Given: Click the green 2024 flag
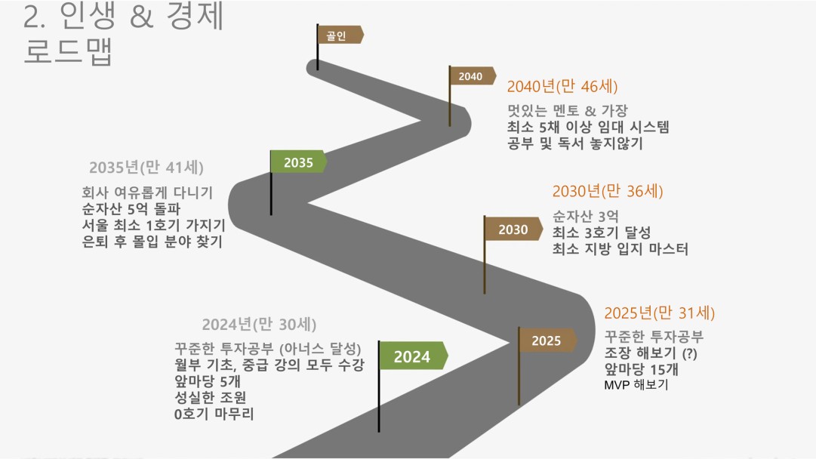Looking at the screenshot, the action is [x=413, y=356].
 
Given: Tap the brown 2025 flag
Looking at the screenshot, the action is [x=547, y=340].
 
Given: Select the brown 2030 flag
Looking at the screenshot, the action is [x=513, y=229].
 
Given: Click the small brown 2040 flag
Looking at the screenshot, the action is [x=472, y=76].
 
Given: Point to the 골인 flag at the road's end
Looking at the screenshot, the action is [x=340, y=35].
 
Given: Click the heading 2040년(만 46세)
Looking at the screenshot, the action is [x=562, y=86].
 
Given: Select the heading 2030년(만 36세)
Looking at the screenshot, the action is [x=608, y=192].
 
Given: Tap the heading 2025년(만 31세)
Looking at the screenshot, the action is [x=659, y=313].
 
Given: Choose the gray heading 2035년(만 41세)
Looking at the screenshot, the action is [x=146, y=168].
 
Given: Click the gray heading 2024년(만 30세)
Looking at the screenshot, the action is [x=259, y=325].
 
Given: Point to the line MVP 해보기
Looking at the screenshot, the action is [x=636, y=385].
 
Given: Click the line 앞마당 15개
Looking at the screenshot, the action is [x=641, y=369].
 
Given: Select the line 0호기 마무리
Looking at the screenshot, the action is [x=214, y=414].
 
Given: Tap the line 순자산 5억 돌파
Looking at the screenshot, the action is [x=131, y=209].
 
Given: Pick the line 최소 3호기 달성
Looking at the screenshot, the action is [x=602, y=233].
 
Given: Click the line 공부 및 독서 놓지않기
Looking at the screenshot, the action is [x=575, y=143].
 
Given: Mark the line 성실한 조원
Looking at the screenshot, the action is [x=211, y=398].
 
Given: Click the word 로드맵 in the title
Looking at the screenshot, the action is [x=68, y=51].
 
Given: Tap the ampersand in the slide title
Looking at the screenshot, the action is [x=142, y=16].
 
